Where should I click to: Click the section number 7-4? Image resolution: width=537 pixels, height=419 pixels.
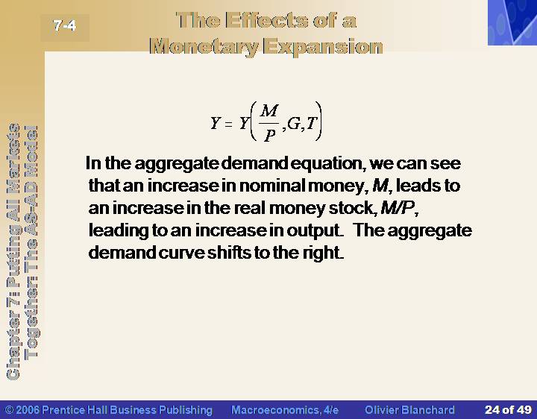pos(64,25)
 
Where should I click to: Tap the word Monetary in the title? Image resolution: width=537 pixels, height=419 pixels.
pos(204,47)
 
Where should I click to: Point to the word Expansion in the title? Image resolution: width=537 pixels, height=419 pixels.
pos(324,46)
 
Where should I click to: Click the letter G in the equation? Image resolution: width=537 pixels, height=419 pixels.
pos(294,124)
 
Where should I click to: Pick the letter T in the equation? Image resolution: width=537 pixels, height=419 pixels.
pos(312,123)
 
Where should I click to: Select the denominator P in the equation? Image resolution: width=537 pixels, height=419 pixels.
pos(269,136)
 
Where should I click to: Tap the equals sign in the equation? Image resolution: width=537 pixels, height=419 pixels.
pos(228,125)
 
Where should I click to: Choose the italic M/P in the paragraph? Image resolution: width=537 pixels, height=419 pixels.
pos(398,207)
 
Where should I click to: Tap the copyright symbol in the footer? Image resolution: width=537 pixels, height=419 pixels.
pos(9,410)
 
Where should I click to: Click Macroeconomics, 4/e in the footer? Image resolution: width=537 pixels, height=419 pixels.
pos(285,410)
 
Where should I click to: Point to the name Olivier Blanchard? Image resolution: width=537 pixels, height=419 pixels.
pos(409,410)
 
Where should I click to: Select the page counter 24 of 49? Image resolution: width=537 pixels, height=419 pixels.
pos(508,410)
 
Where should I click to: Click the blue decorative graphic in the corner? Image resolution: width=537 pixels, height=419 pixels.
pos(512,22)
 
